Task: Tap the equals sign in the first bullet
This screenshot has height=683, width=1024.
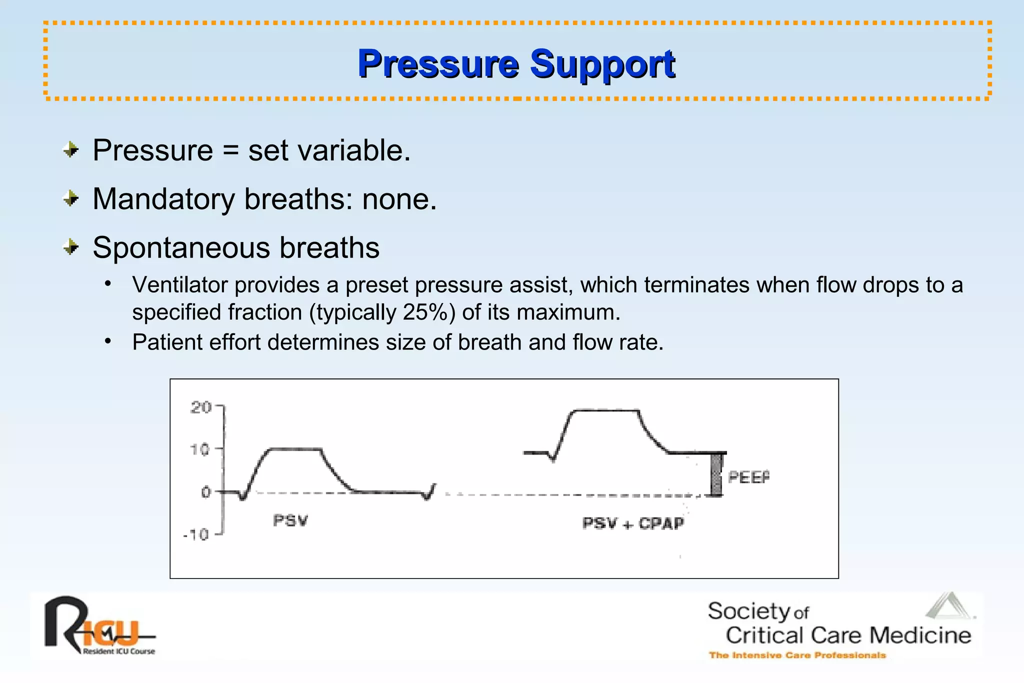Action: (230, 150)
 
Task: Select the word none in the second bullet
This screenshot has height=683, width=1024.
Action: (399, 199)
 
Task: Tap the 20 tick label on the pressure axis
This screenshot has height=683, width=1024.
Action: (200, 407)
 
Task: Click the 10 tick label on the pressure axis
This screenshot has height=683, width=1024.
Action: (199, 449)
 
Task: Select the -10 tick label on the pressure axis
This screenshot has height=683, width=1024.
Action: (196, 535)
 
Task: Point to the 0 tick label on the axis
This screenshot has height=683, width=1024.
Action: (205, 492)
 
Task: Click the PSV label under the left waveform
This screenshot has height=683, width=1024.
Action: (290, 520)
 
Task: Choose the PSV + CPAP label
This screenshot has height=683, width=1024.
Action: (633, 523)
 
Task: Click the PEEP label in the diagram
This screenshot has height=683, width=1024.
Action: (748, 477)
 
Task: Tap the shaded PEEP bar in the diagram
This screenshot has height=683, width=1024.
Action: (716, 474)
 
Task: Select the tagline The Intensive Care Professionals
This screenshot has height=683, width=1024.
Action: (797, 655)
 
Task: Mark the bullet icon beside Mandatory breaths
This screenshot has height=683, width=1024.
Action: (71, 199)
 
